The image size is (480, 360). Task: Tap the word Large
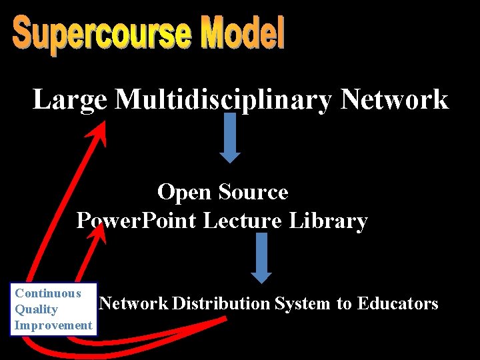(69, 100)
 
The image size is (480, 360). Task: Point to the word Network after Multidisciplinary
(394, 100)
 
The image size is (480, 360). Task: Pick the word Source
(253, 193)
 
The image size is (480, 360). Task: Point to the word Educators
(397, 304)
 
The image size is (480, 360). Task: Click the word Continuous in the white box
(48, 293)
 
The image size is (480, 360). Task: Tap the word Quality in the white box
(36, 309)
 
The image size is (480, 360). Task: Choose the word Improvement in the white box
(53, 325)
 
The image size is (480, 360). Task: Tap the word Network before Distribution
(133, 304)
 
